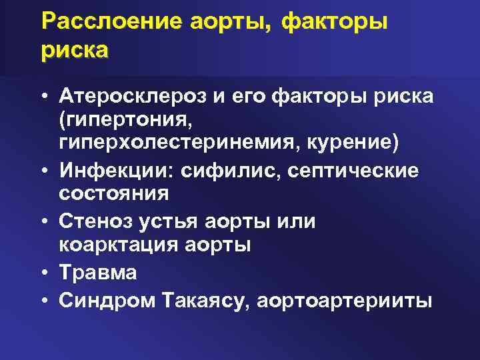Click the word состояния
pos(113,194)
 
